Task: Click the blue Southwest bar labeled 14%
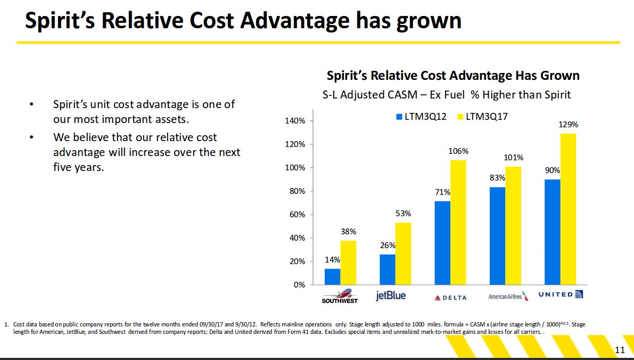(332, 277)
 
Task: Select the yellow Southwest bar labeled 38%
(348, 263)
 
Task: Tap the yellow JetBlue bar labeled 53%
(403, 253)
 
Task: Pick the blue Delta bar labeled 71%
(442, 243)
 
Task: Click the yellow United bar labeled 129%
(568, 209)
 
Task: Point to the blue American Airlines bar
(497, 236)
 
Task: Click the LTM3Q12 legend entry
(421, 117)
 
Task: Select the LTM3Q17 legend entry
(482, 117)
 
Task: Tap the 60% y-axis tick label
(298, 215)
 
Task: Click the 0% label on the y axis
(300, 285)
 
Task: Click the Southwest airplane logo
(340, 296)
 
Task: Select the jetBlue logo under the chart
(391, 296)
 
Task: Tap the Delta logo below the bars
(450, 298)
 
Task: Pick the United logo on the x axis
(561, 294)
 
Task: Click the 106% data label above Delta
(458, 151)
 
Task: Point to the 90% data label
(553, 171)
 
